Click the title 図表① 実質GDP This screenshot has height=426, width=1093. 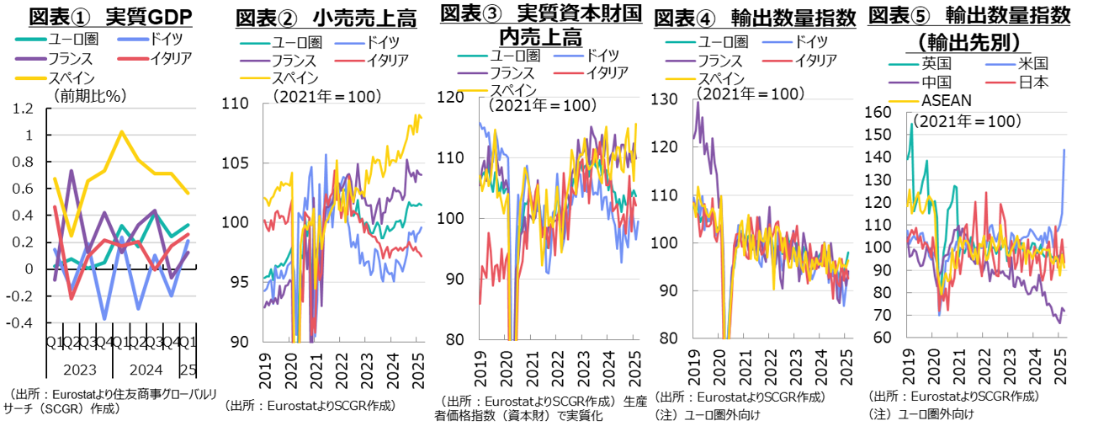click(x=109, y=16)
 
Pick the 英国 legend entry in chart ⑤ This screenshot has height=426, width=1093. click(x=935, y=64)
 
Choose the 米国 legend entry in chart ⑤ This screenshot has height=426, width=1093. click(x=1031, y=64)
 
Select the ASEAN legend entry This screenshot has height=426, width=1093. click(x=947, y=100)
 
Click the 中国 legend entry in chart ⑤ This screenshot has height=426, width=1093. click(x=935, y=82)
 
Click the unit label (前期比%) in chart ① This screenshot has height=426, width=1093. click(x=88, y=95)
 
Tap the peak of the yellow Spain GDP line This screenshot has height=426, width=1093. click(x=122, y=131)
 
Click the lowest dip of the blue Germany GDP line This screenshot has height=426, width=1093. click(x=106, y=319)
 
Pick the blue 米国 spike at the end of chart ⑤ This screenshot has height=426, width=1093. click(x=1064, y=150)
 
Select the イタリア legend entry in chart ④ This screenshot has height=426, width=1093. click(x=813, y=59)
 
